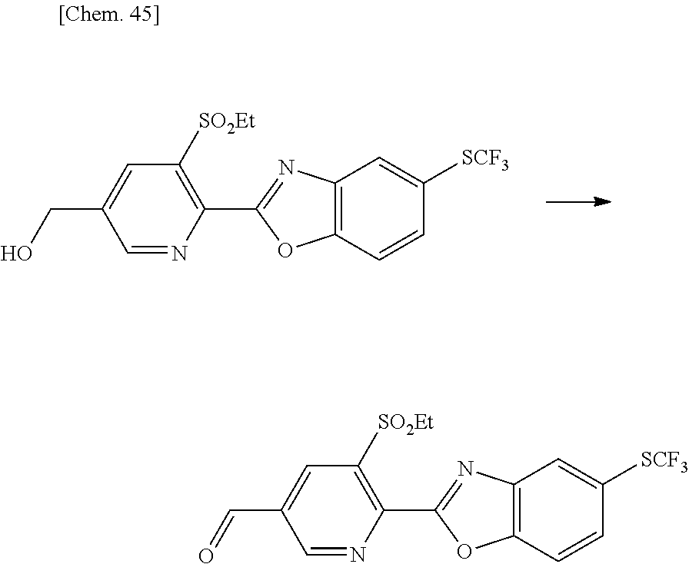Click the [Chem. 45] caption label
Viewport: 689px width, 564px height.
108,17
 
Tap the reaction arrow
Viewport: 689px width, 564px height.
577,202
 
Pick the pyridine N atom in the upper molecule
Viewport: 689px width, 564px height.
179,254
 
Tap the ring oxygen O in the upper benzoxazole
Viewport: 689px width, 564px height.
286,249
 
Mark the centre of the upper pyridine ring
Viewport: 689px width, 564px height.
154,208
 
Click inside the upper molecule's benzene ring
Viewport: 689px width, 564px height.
378,209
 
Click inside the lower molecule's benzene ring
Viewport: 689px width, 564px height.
558,509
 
